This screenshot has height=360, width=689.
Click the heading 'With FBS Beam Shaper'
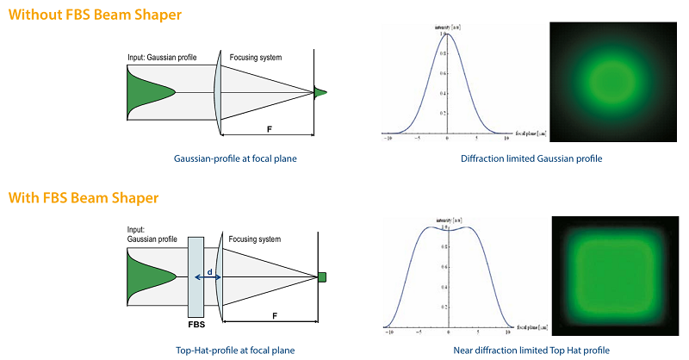tap(84, 198)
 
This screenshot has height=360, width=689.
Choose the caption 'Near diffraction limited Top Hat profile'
tap(531, 351)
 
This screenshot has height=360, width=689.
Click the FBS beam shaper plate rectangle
tap(195, 276)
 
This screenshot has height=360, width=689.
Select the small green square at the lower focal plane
tap(321, 276)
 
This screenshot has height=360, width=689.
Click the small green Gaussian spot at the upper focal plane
tap(320, 92)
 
